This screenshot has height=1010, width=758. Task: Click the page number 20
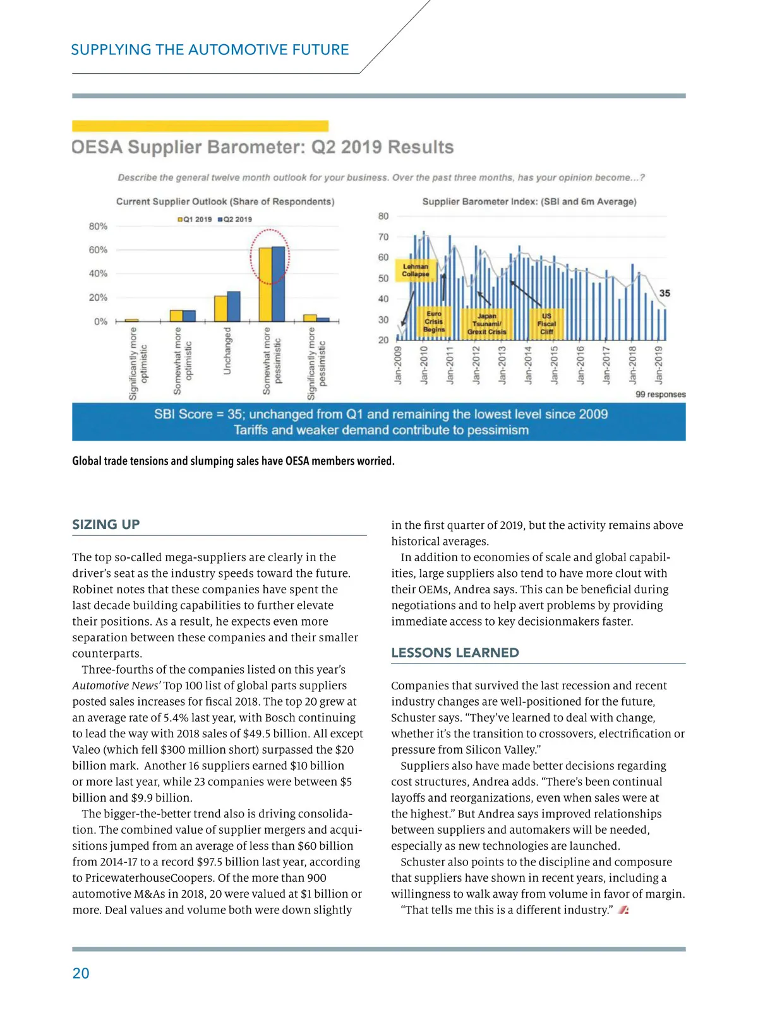pos(81,973)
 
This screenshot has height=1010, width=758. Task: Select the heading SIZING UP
pos(106,525)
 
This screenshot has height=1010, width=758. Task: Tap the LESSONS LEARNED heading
pos(455,653)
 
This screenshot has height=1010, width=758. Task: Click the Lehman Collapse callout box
pos(416,270)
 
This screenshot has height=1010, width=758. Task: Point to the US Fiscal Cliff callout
pos(546,323)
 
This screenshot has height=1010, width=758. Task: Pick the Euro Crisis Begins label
pos(434,321)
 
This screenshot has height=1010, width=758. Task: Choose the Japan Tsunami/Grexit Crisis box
pos(486,323)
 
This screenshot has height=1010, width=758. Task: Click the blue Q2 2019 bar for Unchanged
pos(234,306)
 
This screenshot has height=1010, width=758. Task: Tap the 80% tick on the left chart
pos(98,226)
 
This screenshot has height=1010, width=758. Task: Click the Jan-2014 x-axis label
pos(528,364)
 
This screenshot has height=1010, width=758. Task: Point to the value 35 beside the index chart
pos(665,294)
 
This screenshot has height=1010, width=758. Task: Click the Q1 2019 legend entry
pos(195,219)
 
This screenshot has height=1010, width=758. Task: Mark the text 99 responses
pos(660,395)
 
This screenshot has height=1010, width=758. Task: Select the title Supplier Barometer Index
pos(529,201)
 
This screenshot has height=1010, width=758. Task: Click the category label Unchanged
pos(227,350)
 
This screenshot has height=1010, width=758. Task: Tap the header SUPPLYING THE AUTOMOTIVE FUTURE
pos(210,50)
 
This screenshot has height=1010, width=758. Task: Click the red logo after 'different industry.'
pos(623,910)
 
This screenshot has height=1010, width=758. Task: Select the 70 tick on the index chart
pos(383,237)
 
